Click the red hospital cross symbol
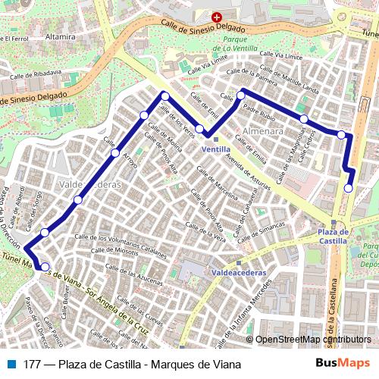click(217, 17)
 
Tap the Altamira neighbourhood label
click(61, 36)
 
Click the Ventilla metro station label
click(217, 149)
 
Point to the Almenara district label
click(263, 131)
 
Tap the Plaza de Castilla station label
click(333, 236)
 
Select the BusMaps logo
click(343, 364)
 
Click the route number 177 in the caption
click(32, 364)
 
